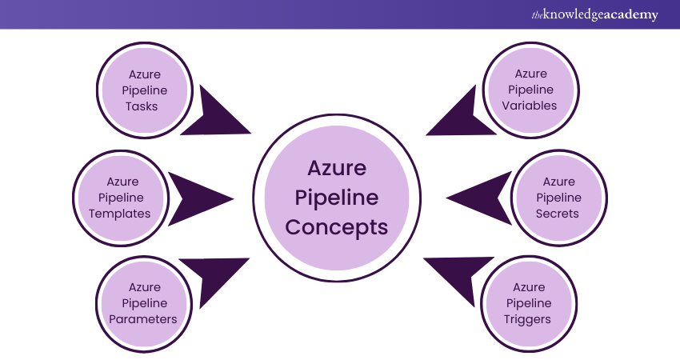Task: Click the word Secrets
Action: pyautogui.click(x=558, y=214)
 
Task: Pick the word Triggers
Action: pyautogui.click(x=529, y=319)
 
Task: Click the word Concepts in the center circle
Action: pyautogui.click(x=337, y=227)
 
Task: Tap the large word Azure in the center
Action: pyautogui.click(x=337, y=170)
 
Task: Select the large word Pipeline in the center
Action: pyautogui.click(x=337, y=198)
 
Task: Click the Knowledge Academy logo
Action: pyautogui.click(x=595, y=14)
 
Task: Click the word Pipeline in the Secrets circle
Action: pyautogui.click(x=558, y=198)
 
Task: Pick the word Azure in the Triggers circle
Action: pyautogui.click(x=529, y=287)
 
